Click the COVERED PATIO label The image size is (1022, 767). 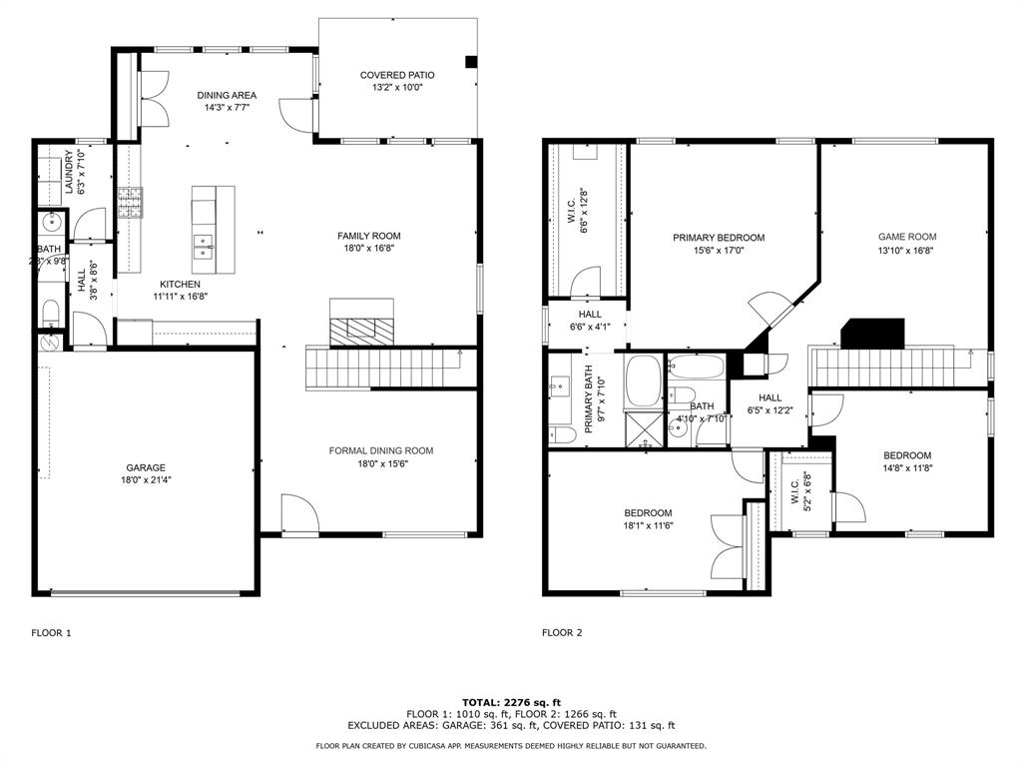click(x=397, y=75)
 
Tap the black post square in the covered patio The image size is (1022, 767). click(x=471, y=62)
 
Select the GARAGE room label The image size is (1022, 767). click(x=146, y=467)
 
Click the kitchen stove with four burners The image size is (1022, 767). click(x=130, y=202)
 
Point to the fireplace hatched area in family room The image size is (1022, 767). click(x=361, y=332)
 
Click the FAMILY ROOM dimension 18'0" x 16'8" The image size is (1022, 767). click(x=369, y=248)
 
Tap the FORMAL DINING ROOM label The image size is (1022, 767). click(x=381, y=450)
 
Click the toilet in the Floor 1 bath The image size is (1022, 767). click(x=51, y=312)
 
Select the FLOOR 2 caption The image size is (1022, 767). click(x=563, y=632)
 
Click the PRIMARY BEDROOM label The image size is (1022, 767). click(x=719, y=238)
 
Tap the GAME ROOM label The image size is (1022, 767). click(x=907, y=237)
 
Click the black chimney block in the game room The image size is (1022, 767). click(x=872, y=334)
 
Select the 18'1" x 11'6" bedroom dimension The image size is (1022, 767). click(x=648, y=525)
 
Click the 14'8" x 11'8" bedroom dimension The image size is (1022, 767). click(x=907, y=467)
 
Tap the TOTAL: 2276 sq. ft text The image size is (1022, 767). click(x=512, y=702)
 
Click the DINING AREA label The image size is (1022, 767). click(x=227, y=95)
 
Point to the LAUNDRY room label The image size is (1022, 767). click(x=69, y=172)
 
